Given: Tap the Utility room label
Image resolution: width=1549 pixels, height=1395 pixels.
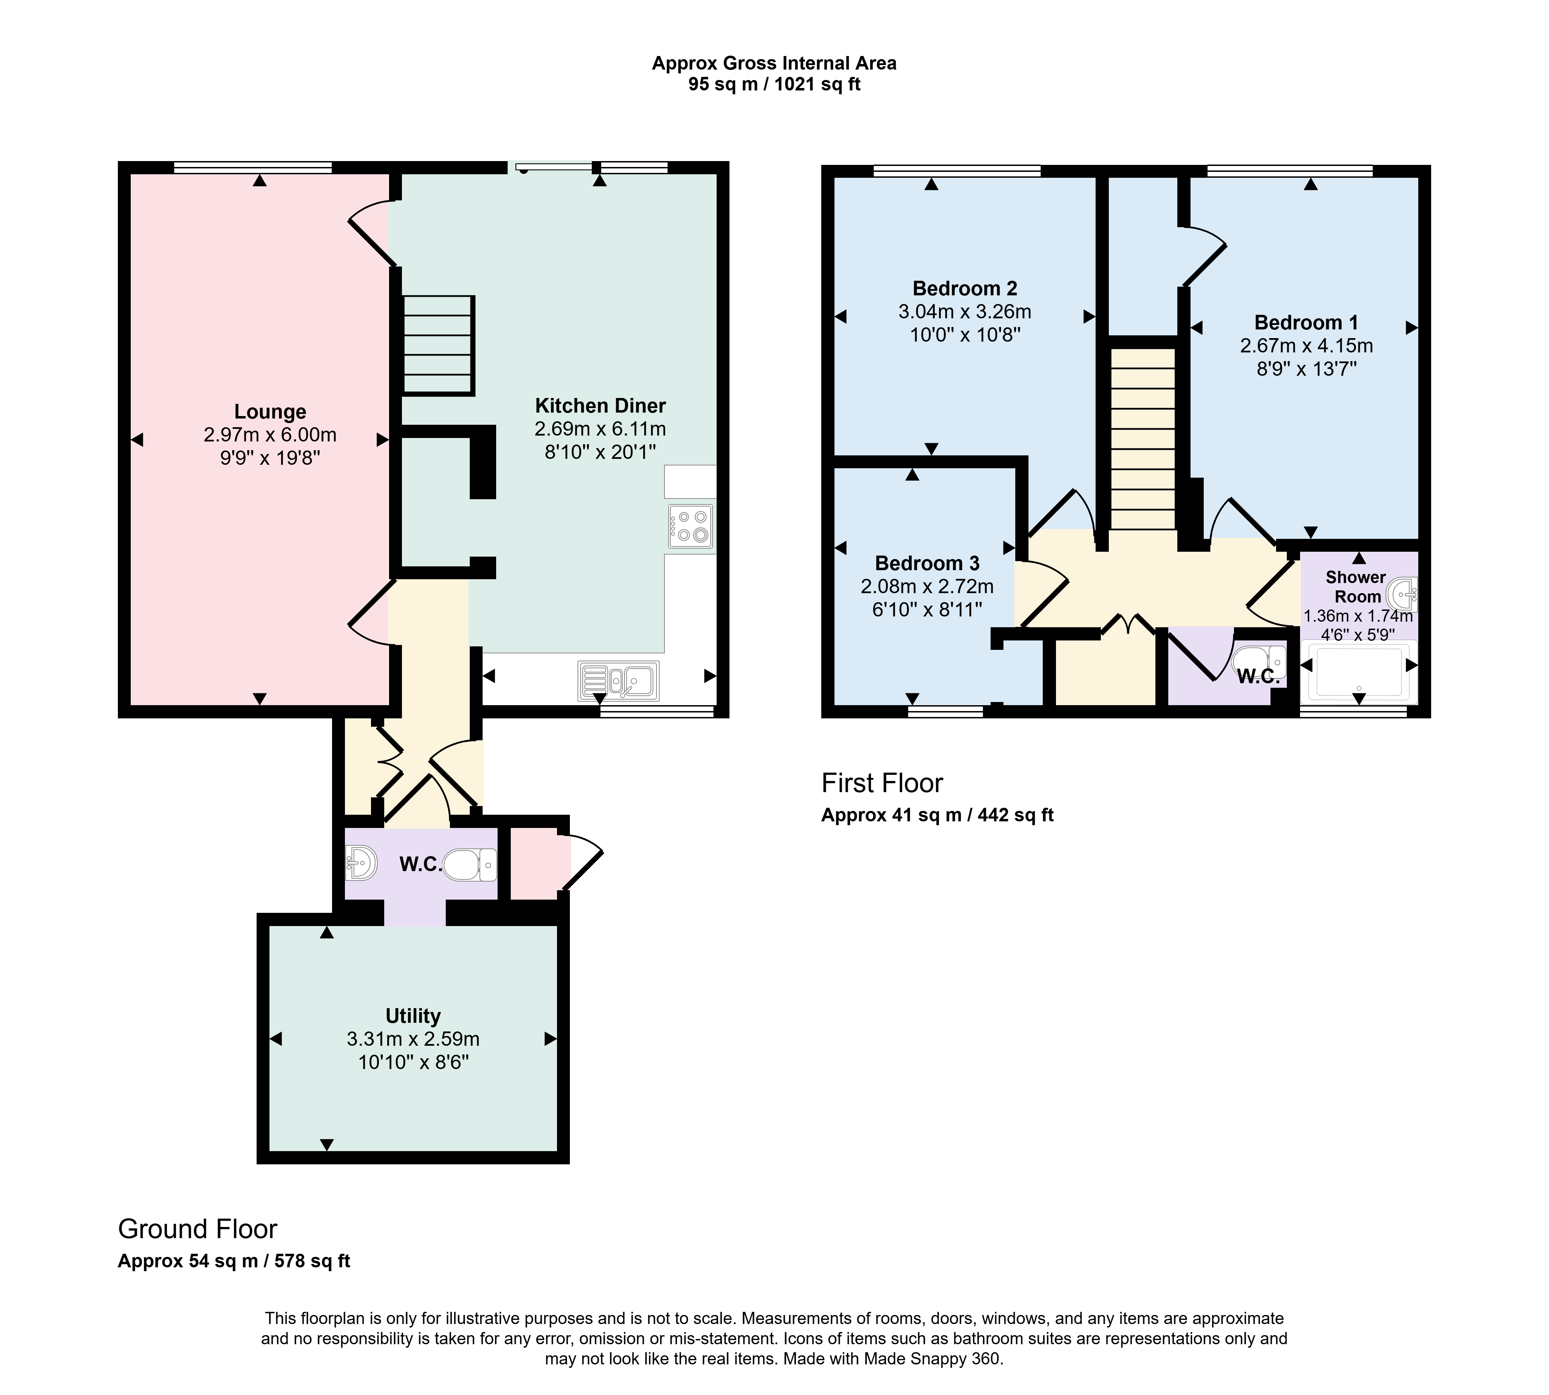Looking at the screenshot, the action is pos(413,1015).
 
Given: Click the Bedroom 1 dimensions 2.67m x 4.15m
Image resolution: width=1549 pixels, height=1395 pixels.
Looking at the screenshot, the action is pos(1306,346).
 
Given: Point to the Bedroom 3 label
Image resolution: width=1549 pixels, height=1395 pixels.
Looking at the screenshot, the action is pos(927,563).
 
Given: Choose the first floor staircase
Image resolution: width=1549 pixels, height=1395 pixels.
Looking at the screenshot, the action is pos(1143,439).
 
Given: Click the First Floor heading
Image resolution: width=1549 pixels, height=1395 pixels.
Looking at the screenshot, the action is pos(882,783).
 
